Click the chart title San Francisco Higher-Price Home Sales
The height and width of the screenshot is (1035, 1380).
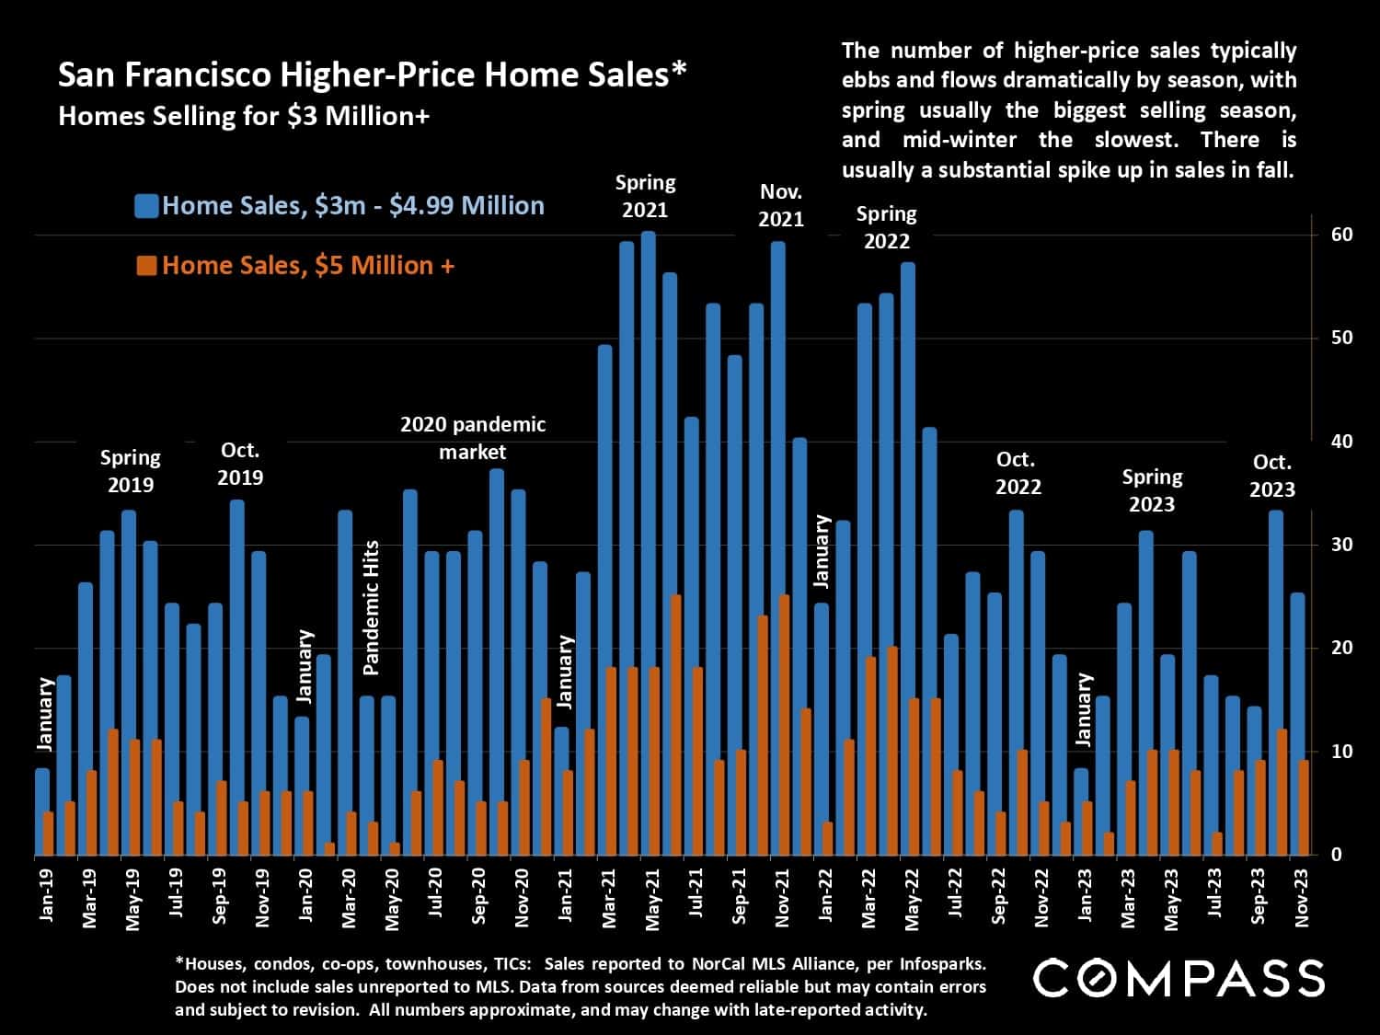point(372,75)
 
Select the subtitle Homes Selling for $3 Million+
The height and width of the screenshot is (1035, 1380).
point(244,117)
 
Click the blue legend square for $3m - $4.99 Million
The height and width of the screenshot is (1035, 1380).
point(146,205)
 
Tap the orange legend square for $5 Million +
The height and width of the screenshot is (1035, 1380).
point(146,266)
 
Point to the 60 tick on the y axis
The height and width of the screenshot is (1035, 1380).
point(1341,235)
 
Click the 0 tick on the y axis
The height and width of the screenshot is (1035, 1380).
point(1336,855)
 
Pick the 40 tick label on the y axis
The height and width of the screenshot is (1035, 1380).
point(1341,442)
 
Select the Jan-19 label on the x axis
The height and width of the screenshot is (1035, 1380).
point(47,895)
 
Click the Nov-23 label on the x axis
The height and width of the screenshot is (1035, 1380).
point(1302,895)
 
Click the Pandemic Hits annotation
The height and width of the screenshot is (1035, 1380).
point(371,608)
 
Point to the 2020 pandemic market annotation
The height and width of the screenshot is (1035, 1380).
point(473,438)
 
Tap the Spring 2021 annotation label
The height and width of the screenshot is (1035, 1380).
point(645,196)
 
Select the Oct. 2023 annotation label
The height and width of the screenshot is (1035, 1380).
point(1271,476)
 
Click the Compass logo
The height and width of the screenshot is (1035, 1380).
point(1179,978)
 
